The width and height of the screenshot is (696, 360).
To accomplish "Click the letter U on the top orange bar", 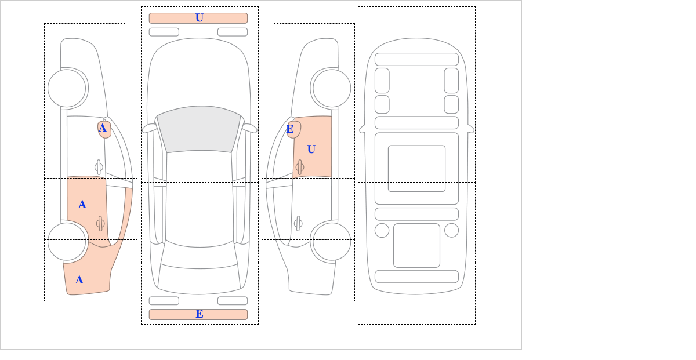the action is point(200,18).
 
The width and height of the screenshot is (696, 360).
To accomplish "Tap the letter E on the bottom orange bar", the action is point(200,314).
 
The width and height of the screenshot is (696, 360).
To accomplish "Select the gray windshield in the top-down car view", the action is point(199,130).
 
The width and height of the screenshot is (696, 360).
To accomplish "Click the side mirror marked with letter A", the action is point(104,129).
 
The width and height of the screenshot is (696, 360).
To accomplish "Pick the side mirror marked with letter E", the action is point(294,129).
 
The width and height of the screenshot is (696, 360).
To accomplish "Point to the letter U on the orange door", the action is point(311,150).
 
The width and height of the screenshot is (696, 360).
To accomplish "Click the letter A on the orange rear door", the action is point(82,205).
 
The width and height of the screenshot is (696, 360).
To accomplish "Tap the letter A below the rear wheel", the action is point(79,280).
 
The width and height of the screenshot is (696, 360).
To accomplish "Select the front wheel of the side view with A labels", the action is point(67,88).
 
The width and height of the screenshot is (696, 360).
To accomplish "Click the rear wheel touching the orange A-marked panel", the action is point(67,241).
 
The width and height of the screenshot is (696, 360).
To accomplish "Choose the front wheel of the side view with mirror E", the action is point(332,88).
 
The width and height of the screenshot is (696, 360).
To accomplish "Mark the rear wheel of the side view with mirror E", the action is point(332,241).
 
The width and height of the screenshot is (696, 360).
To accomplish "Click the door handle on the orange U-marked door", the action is point(300,167).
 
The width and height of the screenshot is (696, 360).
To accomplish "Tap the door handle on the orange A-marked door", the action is point(100,223).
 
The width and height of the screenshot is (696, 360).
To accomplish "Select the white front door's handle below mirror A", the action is point(99,167).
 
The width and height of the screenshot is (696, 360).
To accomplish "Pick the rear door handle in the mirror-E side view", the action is point(298,223).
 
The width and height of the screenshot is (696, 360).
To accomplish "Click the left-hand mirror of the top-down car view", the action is point(149,128).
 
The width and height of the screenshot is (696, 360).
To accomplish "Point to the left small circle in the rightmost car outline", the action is point(382,231).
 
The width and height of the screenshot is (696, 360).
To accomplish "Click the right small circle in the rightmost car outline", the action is point(451,231).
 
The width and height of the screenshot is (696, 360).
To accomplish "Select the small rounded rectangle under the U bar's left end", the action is point(164,32).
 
